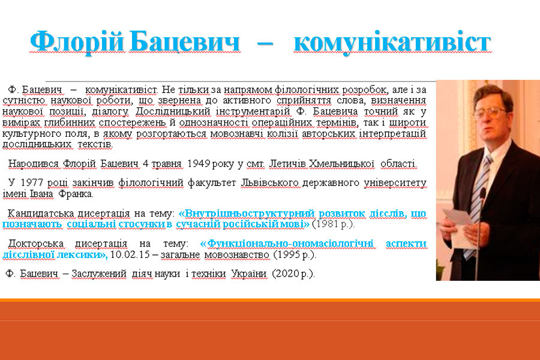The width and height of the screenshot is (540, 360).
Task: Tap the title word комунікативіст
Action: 392,43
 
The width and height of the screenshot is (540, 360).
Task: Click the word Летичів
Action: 287,163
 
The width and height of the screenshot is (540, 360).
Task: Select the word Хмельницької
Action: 341,163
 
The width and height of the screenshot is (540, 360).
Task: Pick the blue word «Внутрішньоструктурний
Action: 247,214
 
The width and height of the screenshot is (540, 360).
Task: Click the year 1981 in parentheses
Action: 327,224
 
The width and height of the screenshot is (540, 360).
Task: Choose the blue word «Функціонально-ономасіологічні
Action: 287,244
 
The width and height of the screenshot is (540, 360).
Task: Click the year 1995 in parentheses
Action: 288,254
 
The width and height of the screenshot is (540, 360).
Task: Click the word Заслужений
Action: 99,274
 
